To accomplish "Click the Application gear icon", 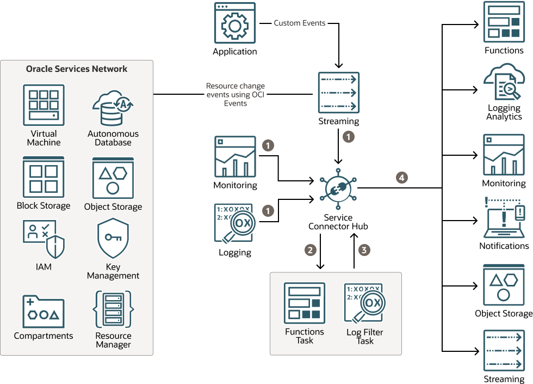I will tap(235, 23).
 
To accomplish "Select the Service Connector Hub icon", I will tap(338, 188).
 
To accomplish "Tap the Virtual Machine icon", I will tap(44, 105).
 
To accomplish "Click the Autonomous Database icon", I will tap(113, 108).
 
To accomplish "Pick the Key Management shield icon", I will tap(113, 239).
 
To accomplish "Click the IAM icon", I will tap(44, 239).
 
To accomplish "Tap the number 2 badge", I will tap(311, 250).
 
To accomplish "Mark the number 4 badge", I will tap(401, 178).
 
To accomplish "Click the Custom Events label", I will tap(300, 23).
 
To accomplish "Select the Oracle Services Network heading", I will tap(77, 69).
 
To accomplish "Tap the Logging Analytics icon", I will tap(504, 82).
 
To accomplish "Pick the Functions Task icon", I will tap(305, 303).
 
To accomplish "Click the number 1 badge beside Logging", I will tap(267, 209).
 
